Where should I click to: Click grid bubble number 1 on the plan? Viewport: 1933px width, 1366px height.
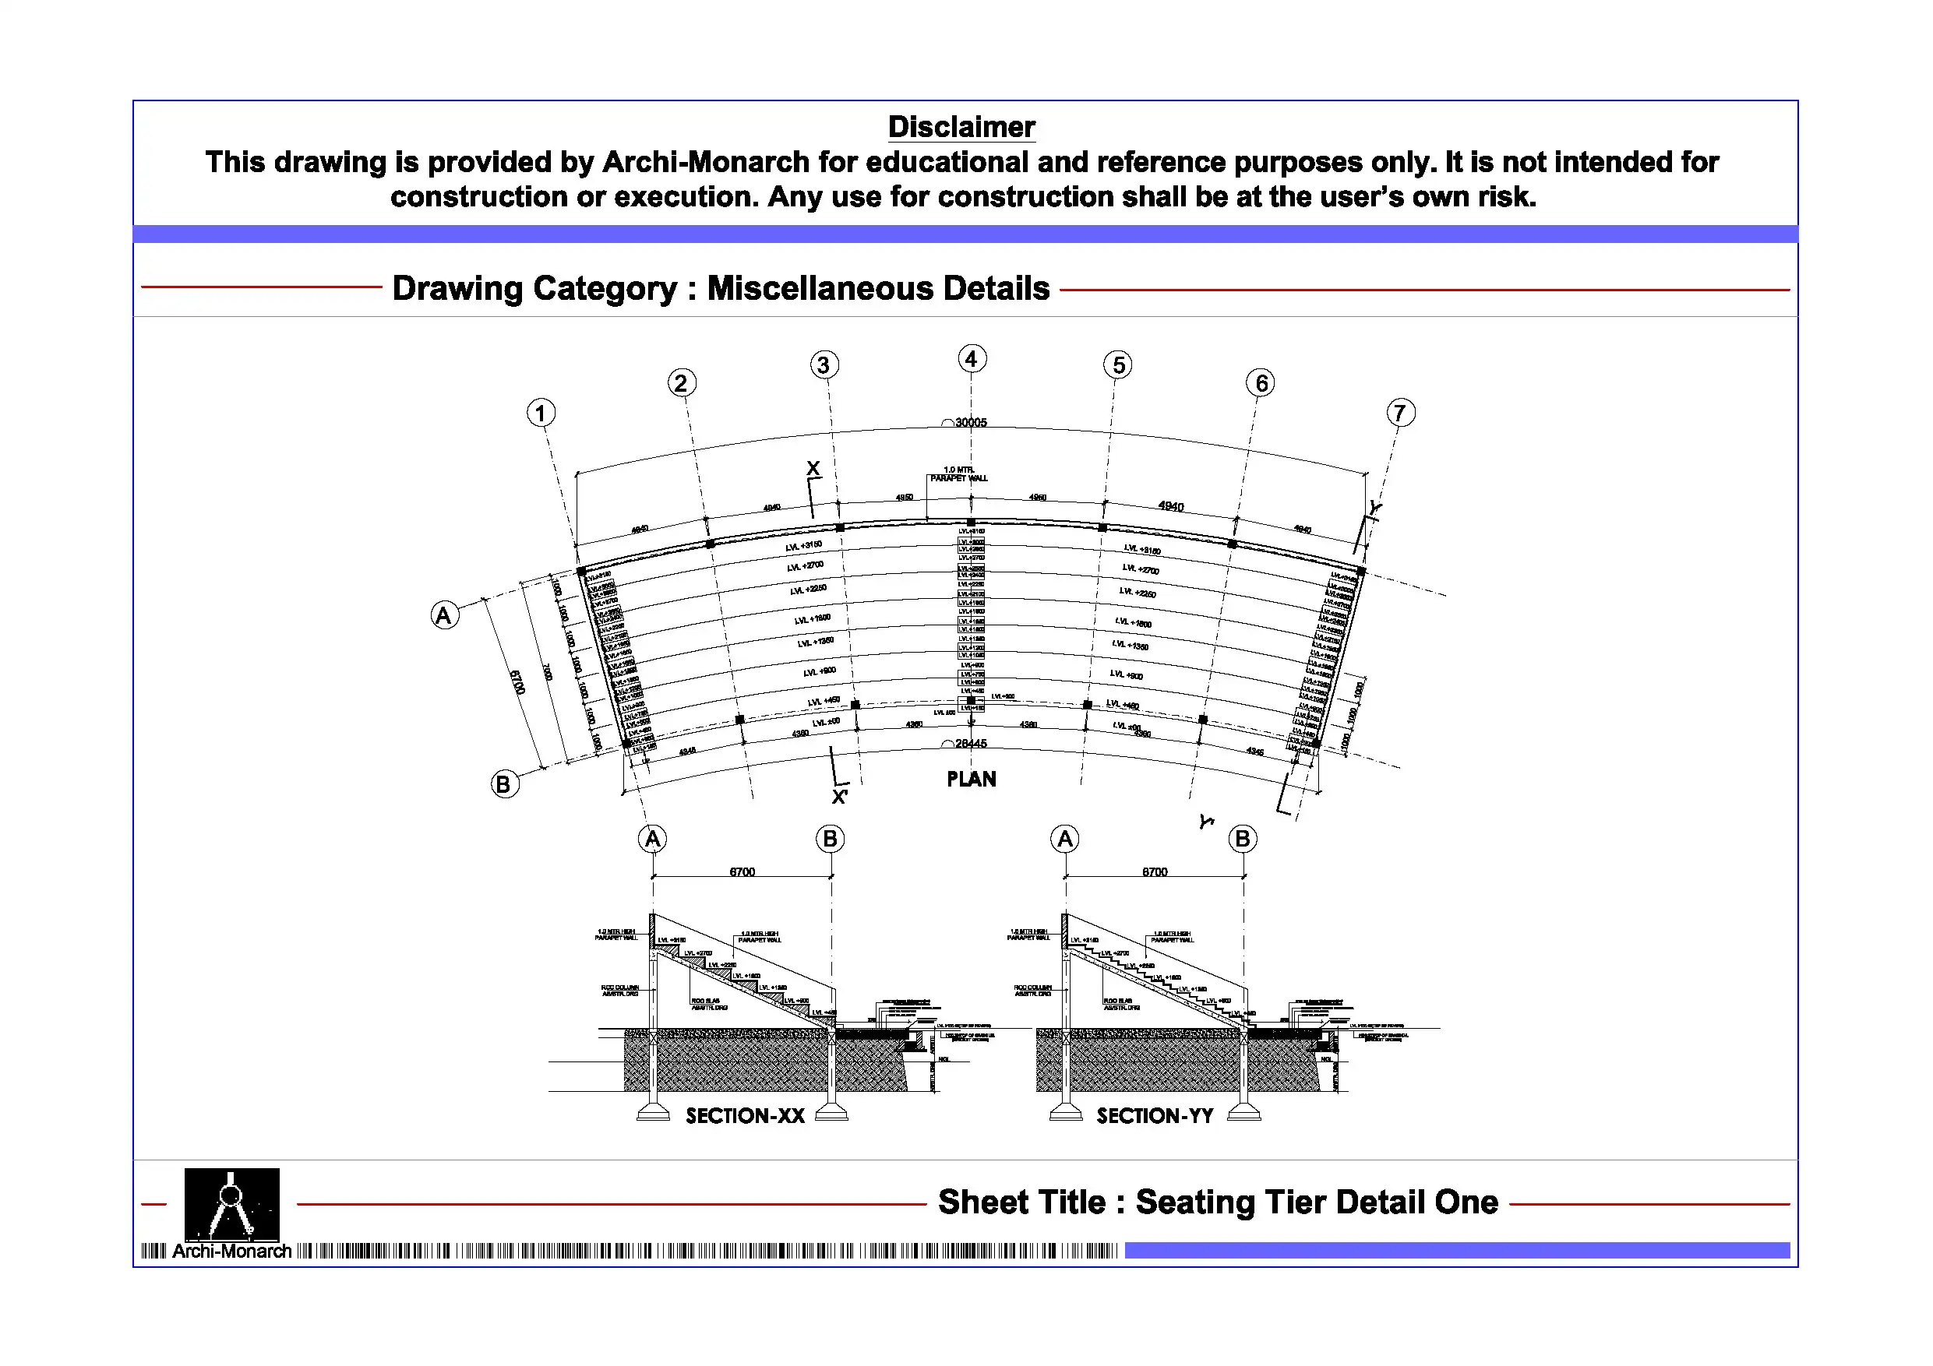[541, 414]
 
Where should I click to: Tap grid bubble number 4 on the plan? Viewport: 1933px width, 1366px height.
[972, 359]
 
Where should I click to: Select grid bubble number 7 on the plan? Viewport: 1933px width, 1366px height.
[1400, 414]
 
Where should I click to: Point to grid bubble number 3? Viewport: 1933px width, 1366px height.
[824, 365]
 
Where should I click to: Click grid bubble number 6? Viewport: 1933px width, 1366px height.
[1261, 384]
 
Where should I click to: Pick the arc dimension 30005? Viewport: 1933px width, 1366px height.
[970, 423]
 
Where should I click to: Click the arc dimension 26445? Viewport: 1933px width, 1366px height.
[970, 744]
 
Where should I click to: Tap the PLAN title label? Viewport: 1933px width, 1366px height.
[972, 780]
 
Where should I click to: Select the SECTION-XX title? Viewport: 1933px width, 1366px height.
[745, 1116]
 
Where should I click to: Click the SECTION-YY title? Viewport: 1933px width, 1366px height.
[1155, 1116]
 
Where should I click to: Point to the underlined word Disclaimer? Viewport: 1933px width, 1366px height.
[961, 127]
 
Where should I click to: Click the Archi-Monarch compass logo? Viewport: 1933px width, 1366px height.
[231, 1205]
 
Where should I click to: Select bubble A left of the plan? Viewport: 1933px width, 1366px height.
[445, 616]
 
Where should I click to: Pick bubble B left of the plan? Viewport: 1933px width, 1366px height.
[504, 784]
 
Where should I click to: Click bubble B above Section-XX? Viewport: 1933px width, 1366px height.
[830, 839]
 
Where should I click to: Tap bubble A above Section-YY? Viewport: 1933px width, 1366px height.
[1065, 839]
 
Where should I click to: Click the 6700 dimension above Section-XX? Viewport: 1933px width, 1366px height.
[742, 872]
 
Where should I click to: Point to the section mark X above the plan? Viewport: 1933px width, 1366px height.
[813, 469]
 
